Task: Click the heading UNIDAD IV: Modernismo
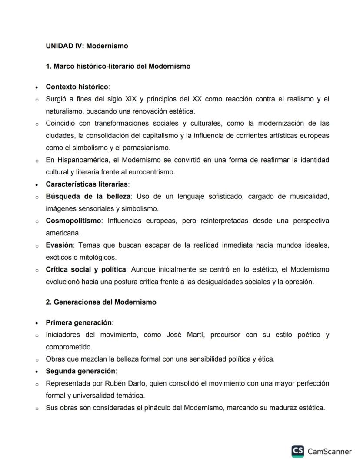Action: pyautogui.click(x=87, y=46)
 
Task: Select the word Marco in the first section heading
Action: pyautogui.click(x=63, y=67)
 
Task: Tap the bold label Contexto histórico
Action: pyautogui.click(x=77, y=87)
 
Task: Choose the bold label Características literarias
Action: pyautogui.click(x=87, y=184)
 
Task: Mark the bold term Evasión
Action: pyautogui.click(x=60, y=245)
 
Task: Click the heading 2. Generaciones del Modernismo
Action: pyautogui.click(x=101, y=302)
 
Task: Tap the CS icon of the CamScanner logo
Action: pyautogui.click(x=298, y=451)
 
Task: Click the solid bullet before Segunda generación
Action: pyautogui.click(x=37, y=372)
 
